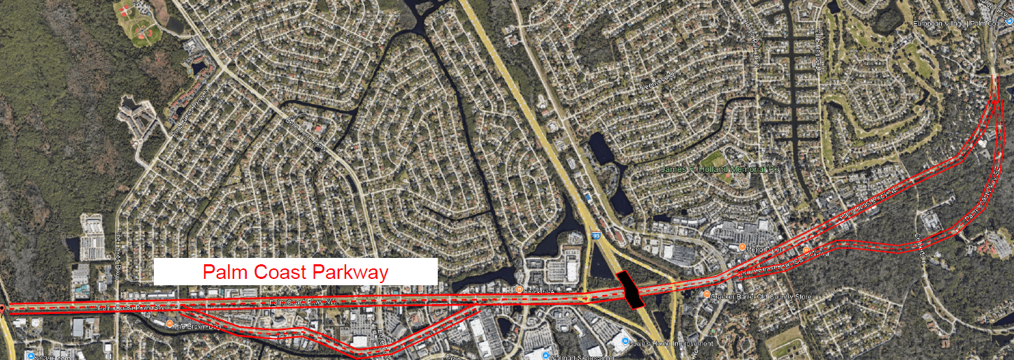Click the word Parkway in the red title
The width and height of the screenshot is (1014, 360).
click(350, 272)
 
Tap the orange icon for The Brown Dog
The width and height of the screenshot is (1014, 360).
click(170, 323)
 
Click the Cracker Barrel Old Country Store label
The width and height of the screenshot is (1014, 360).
click(762, 296)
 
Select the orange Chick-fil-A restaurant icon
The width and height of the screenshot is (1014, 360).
click(520, 289)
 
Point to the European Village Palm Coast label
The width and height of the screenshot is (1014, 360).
click(959, 24)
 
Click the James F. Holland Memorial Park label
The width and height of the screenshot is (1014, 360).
click(720, 168)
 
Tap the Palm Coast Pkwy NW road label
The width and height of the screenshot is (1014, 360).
click(301, 302)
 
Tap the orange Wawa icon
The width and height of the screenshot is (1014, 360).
click(806, 250)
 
